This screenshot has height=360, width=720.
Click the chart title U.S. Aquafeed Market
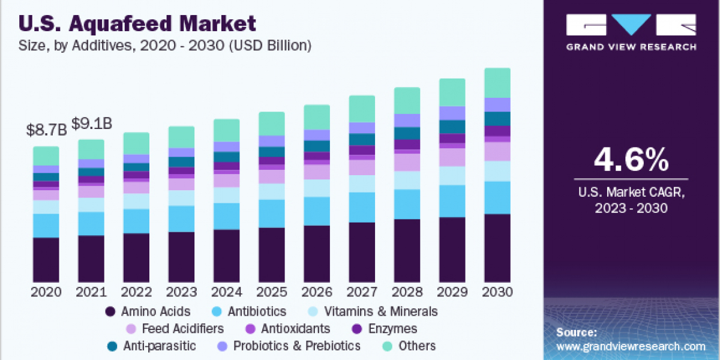(x=137, y=23)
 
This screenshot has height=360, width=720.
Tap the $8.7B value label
(x=46, y=130)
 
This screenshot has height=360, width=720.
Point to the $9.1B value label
(x=91, y=124)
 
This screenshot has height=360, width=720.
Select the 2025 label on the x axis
(x=272, y=292)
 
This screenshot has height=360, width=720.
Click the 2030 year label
(x=497, y=292)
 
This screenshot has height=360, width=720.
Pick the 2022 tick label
(x=136, y=292)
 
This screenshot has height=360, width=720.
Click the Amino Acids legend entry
(x=148, y=311)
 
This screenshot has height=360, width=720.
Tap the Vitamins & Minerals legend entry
(x=372, y=311)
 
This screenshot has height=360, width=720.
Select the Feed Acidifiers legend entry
(x=175, y=329)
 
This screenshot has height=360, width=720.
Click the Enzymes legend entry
(x=384, y=329)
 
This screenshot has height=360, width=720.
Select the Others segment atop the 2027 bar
(x=362, y=109)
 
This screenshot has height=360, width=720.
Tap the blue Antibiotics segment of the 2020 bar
(x=46, y=226)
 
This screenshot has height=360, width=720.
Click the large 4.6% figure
(x=631, y=160)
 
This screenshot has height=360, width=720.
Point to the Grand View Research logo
(x=631, y=32)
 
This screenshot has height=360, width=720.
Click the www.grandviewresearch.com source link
(x=631, y=346)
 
